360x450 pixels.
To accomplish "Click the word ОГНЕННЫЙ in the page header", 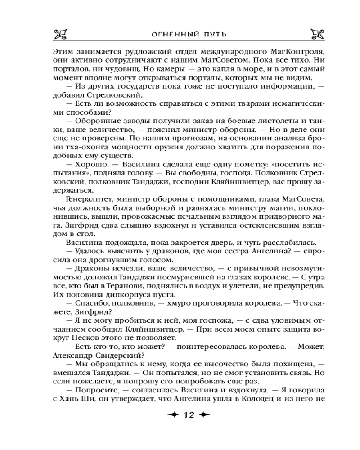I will [x=168, y=34].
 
